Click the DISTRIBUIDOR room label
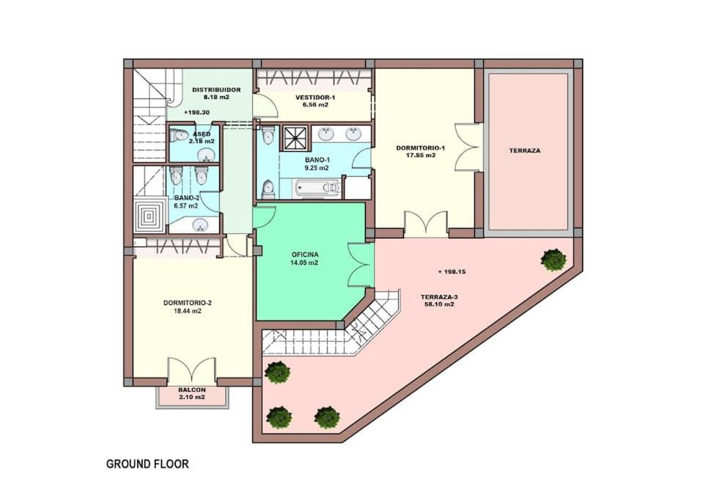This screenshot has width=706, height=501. coord(216,89)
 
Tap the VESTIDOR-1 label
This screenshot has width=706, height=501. coord(315,98)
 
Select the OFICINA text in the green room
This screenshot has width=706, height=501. coord(304,255)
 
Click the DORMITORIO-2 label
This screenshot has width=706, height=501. coord(187,303)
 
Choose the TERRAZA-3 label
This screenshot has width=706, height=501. coord(439,297)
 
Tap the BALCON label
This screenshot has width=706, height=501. coord(192,390)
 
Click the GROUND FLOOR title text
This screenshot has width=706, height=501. coord(147,464)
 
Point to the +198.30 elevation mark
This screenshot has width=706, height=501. coord(196,113)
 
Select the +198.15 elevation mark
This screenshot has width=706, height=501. coord(452,271)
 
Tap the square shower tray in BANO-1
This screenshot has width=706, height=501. coord(295,137)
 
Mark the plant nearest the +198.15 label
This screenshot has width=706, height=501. coord(554,260)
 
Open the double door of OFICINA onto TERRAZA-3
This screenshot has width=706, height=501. coord(361,265)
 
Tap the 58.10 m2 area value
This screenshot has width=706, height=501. coord(439,304)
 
